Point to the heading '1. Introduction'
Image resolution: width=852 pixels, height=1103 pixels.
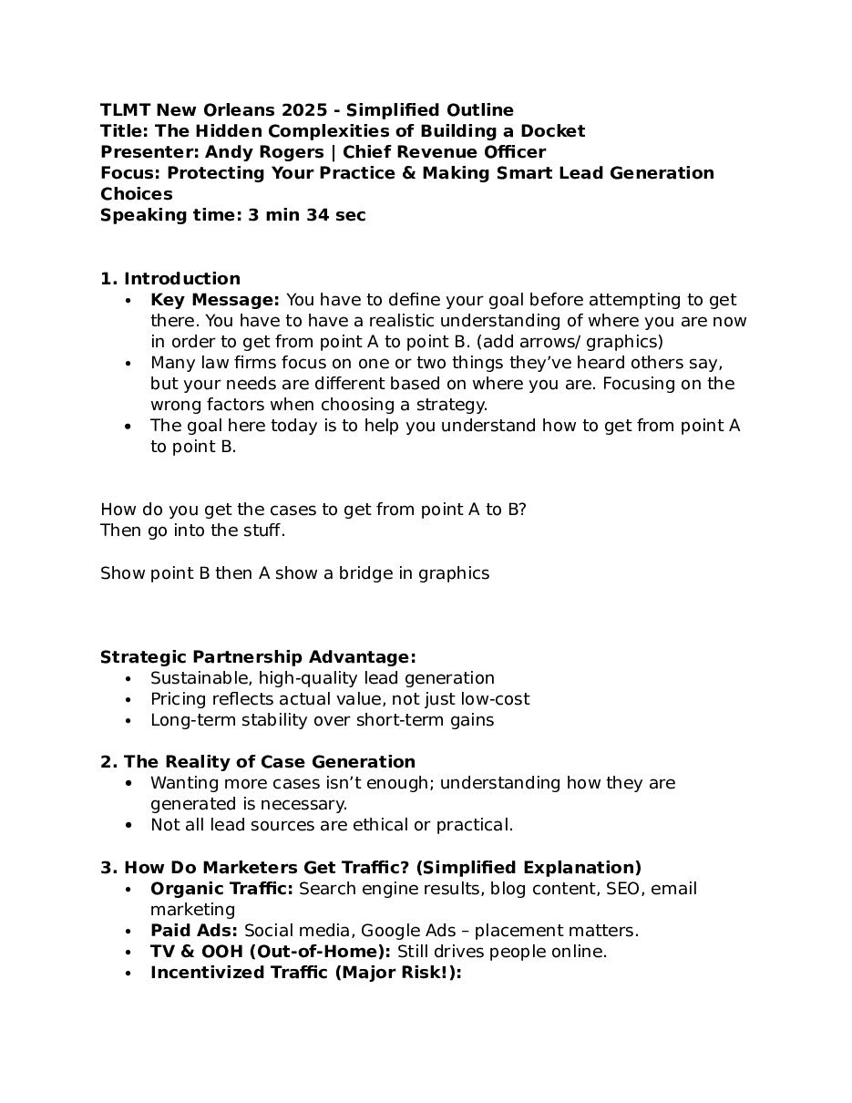[170, 279]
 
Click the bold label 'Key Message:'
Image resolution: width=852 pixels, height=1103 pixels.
[215, 300]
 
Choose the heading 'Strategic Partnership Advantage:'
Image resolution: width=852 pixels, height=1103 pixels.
[258, 657]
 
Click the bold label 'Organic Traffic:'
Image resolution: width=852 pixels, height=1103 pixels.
[221, 889]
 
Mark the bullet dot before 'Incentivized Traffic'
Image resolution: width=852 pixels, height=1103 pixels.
[129, 974]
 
